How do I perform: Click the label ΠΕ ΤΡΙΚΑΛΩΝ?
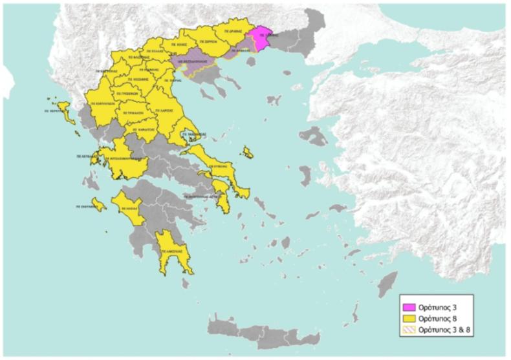(x=131, y=111)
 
